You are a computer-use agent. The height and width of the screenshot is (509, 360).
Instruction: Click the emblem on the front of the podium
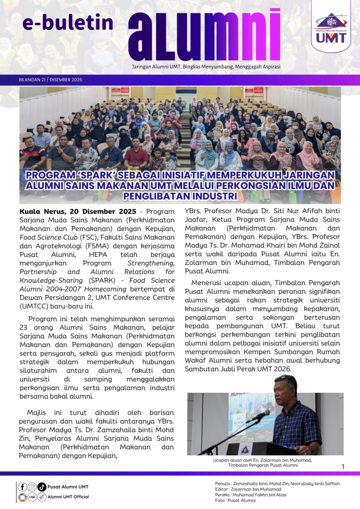(x=258, y=450)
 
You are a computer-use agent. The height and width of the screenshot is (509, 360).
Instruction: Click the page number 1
(x=343, y=466)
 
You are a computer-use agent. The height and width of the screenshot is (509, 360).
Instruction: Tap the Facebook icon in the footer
(x=22, y=487)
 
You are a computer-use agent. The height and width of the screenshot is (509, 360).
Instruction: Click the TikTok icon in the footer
(x=42, y=487)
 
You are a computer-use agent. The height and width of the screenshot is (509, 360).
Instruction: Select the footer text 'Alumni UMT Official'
(x=69, y=497)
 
